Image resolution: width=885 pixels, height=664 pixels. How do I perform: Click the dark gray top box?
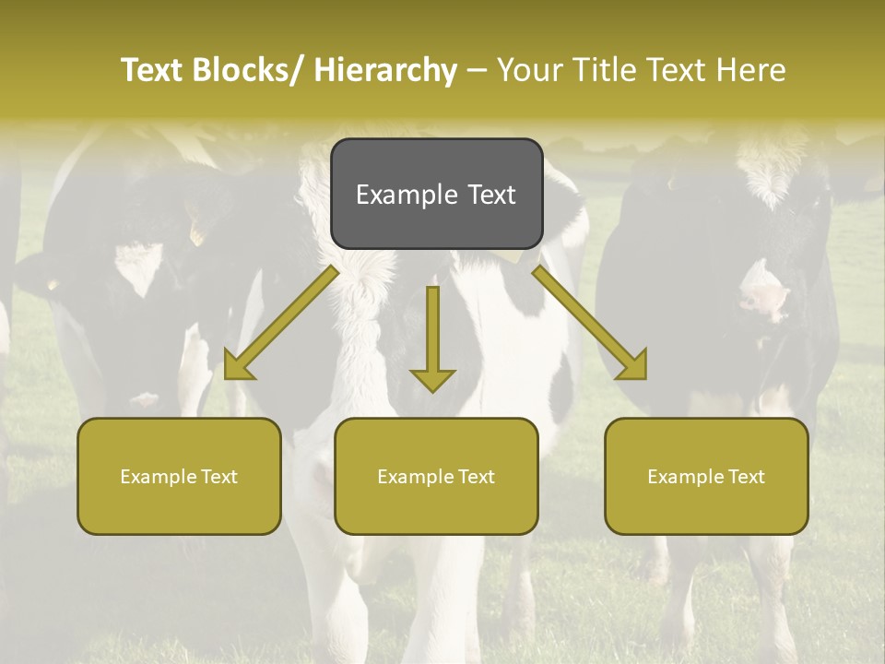pyautogui.click(x=436, y=194)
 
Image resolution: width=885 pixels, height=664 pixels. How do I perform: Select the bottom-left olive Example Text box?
pyautogui.click(x=179, y=476)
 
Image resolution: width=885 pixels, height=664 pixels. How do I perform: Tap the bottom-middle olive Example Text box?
pyautogui.click(x=436, y=476)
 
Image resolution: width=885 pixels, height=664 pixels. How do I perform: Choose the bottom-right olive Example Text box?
pyautogui.click(x=706, y=476)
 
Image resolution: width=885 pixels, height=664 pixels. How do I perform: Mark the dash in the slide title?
pyautogui.click(x=477, y=70)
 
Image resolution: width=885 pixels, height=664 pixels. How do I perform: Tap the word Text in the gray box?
pyautogui.click(x=491, y=195)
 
